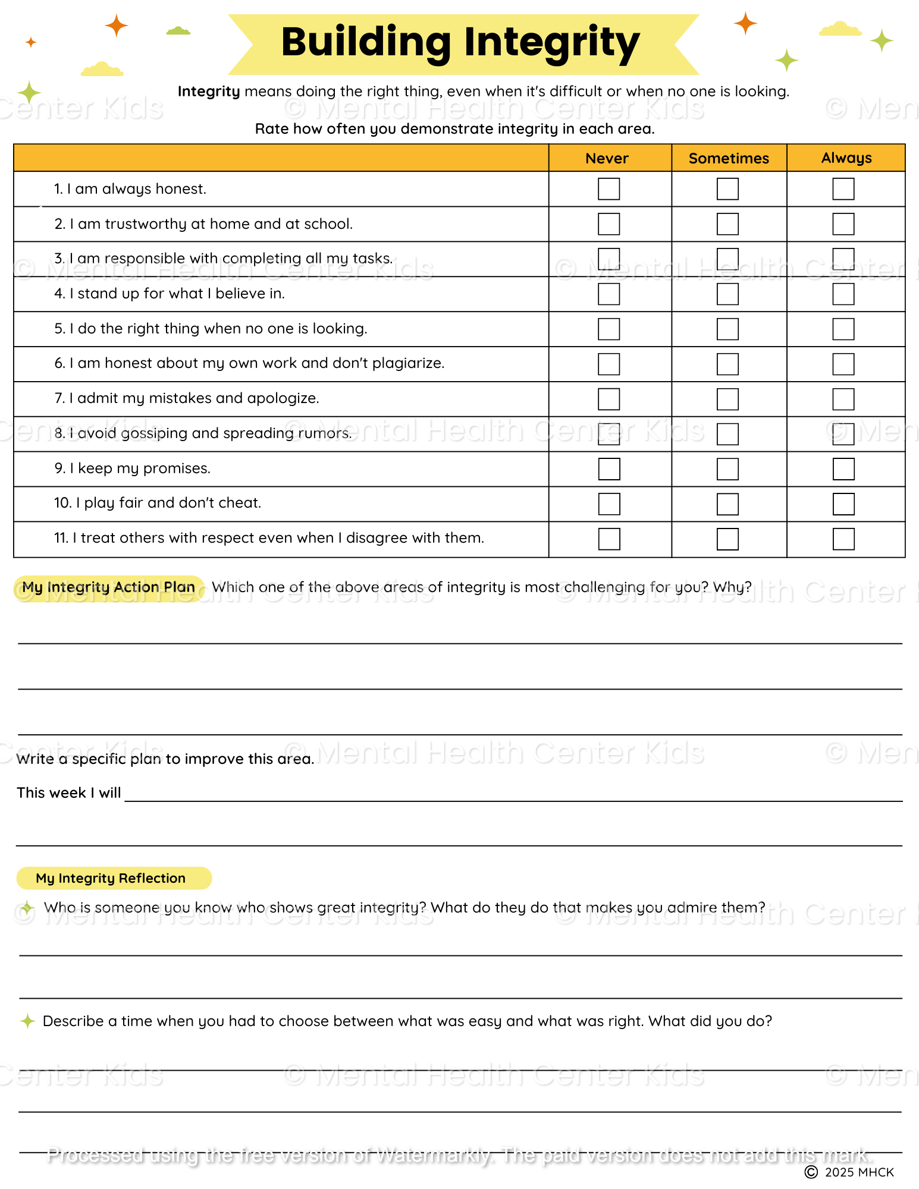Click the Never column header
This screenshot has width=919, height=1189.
(x=607, y=158)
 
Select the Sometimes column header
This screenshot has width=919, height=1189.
(x=729, y=158)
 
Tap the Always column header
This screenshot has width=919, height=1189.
(x=846, y=158)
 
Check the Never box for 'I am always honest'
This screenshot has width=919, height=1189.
(x=609, y=189)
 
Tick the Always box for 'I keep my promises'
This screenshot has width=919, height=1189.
(x=843, y=469)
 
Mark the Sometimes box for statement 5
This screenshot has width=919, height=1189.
(x=727, y=329)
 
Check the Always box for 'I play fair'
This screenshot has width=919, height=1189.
(x=843, y=504)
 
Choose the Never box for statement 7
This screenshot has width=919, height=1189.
(x=609, y=399)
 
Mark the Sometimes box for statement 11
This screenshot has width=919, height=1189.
(x=727, y=539)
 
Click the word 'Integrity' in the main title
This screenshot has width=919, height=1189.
(x=551, y=43)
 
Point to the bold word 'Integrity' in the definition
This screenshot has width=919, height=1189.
(x=209, y=92)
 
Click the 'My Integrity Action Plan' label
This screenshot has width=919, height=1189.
(x=109, y=587)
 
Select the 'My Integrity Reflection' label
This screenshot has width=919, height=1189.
(x=111, y=878)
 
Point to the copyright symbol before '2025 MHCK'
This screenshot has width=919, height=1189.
(x=811, y=1172)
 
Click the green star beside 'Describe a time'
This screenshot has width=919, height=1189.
(x=27, y=1021)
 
